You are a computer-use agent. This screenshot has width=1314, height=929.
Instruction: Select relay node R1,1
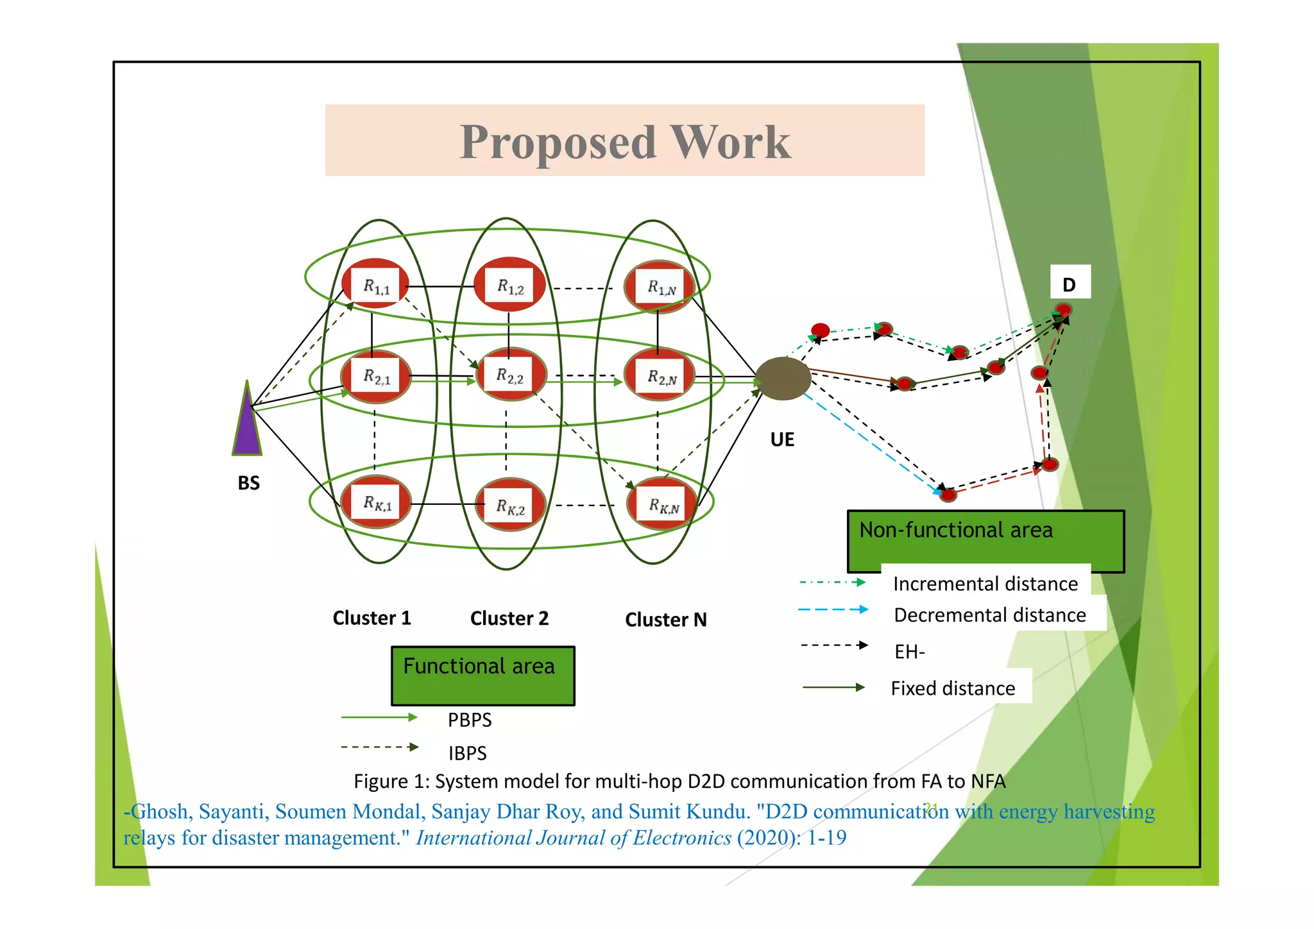click(x=377, y=285)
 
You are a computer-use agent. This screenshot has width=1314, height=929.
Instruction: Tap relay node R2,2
click(x=511, y=375)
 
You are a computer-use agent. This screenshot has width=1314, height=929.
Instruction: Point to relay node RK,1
click(x=377, y=502)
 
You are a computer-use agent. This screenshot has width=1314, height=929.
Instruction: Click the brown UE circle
click(x=783, y=379)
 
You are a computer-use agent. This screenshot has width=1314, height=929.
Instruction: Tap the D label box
click(x=1070, y=283)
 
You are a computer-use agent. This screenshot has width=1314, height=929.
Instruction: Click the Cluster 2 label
click(x=509, y=618)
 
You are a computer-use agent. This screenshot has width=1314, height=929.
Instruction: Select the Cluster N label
click(x=666, y=620)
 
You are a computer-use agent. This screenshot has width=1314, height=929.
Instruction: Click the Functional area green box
click(x=482, y=676)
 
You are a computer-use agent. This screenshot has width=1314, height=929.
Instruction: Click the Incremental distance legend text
click(x=985, y=584)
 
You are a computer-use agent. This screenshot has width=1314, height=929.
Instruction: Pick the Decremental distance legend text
click(x=990, y=615)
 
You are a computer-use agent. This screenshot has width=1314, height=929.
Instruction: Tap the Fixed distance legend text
click(x=953, y=688)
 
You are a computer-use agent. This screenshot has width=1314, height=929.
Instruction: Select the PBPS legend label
click(x=470, y=720)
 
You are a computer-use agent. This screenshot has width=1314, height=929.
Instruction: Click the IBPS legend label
click(x=467, y=753)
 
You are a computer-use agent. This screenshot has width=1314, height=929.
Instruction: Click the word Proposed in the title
click(x=558, y=142)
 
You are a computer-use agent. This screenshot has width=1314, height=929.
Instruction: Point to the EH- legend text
click(x=909, y=652)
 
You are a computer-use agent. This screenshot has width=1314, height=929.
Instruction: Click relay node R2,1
click(x=377, y=377)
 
